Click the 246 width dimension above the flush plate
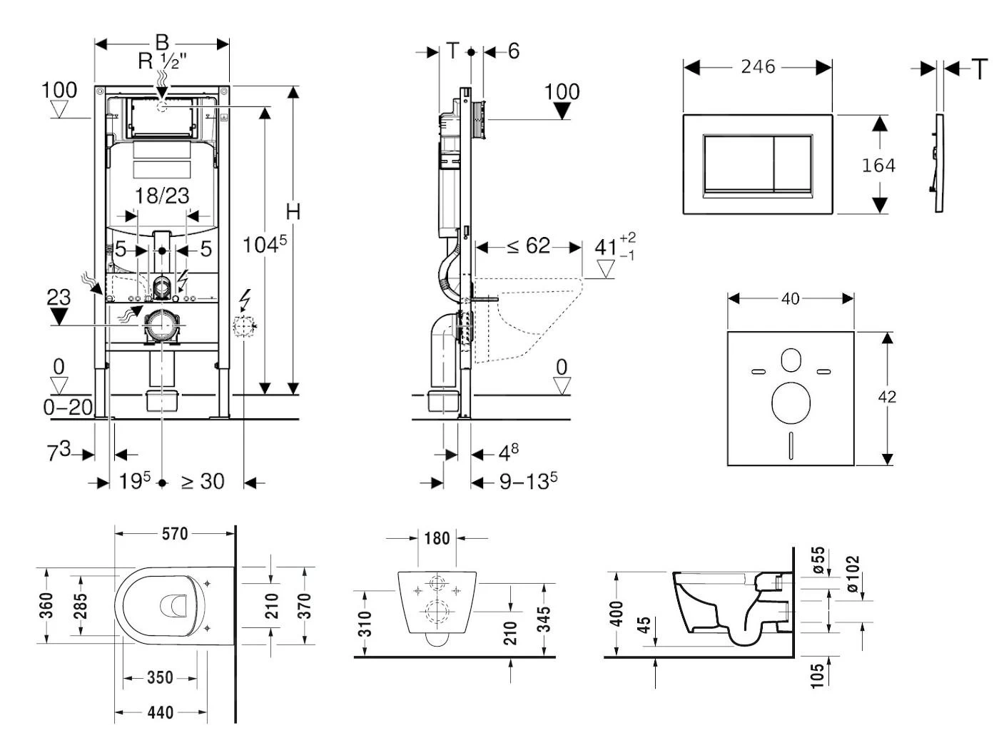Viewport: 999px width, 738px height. coord(758,67)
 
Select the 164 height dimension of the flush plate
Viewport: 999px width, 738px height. coord(878,166)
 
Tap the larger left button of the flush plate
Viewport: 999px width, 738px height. coord(739,163)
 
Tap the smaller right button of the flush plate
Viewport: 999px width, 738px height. coord(793,163)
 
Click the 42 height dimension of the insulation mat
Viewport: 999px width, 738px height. coord(887,397)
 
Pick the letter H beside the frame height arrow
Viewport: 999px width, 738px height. coord(293,212)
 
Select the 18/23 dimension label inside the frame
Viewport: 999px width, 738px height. coord(162,196)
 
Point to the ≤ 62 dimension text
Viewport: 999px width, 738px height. coord(529,246)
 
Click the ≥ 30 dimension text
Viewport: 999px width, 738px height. coord(203,482)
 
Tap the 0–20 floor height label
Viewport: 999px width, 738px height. coord(68,408)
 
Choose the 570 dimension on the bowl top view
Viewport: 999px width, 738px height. coord(174,533)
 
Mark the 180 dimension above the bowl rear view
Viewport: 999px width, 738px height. coord(437,538)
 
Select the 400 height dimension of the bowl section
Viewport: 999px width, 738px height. coord(617,613)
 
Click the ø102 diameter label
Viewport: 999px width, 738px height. coord(853,574)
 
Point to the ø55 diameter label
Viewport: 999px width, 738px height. coord(818,560)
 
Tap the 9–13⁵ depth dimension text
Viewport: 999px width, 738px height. coord(528,482)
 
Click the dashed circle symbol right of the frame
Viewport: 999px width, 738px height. coord(244,326)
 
